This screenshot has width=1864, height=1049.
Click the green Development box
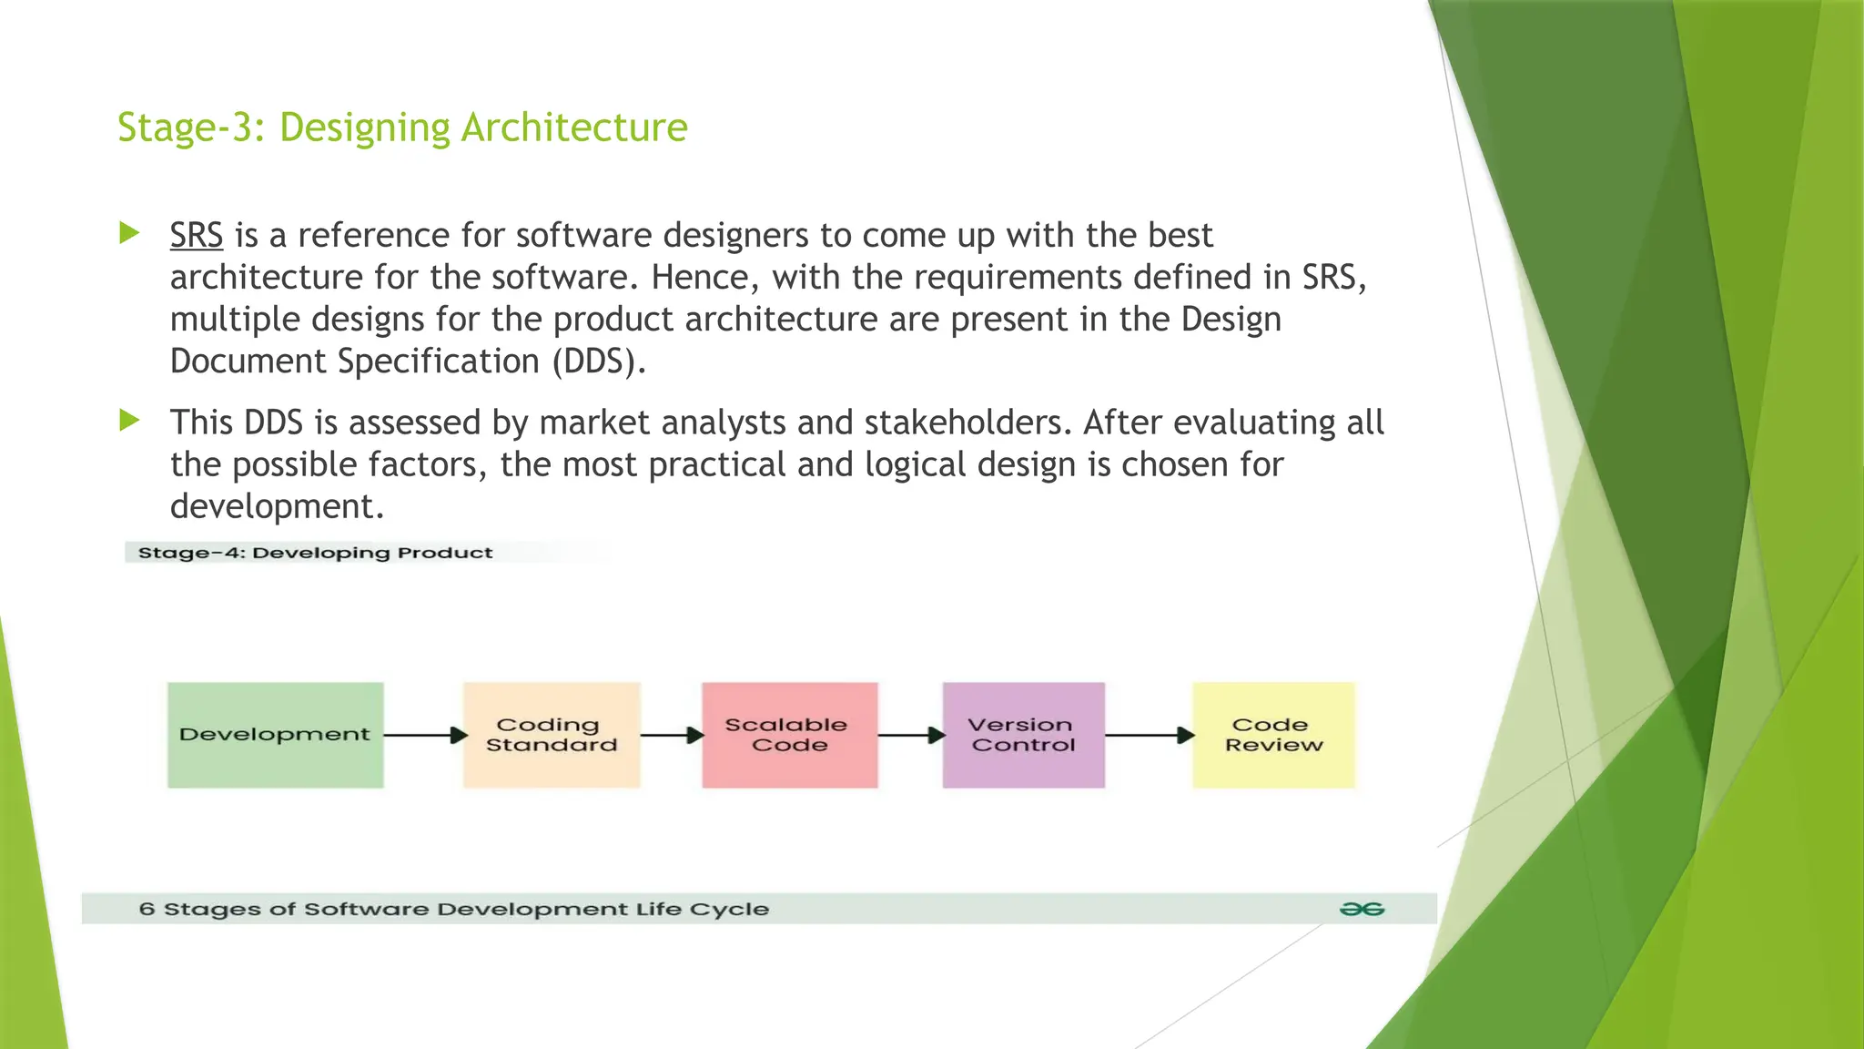(x=275, y=735)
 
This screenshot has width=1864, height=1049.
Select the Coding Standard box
(x=552, y=735)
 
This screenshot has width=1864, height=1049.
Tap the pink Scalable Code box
(x=789, y=735)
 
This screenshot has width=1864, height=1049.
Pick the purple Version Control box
(x=1023, y=735)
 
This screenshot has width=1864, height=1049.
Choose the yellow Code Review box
(x=1273, y=735)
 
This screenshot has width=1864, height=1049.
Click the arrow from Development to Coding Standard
(x=424, y=735)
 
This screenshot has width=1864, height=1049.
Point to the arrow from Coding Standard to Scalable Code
(x=672, y=735)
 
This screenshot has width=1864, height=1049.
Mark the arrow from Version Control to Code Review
(x=1149, y=735)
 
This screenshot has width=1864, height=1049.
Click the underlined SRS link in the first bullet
(x=197, y=236)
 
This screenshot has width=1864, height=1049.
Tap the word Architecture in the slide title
(x=574, y=127)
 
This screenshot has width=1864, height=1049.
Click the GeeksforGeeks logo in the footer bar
(x=1362, y=909)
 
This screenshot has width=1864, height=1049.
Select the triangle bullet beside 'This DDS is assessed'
(x=129, y=421)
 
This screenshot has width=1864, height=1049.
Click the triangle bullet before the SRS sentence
(x=129, y=233)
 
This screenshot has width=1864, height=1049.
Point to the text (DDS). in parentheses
(x=598, y=362)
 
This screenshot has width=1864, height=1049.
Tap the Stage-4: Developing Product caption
(x=315, y=553)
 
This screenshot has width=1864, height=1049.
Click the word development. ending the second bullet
(x=277, y=506)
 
